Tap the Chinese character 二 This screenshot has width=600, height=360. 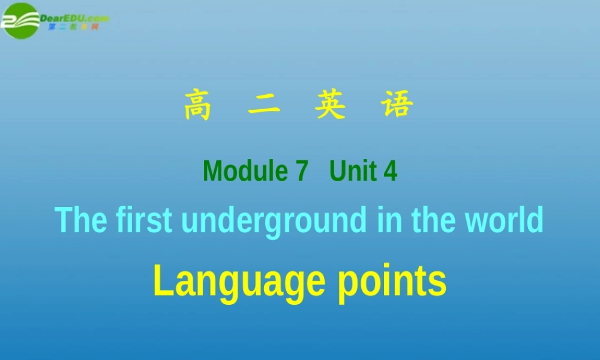pyautogui.click(x=264, y=106)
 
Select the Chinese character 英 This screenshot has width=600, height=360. pyautogui.click(x=330, y=106)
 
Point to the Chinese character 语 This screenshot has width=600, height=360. pyautogui.click(x=397, y=106)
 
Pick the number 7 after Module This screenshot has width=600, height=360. pyautogui.click(x=301, y=172)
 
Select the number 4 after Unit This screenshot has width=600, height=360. pyautogui.click(x=391, y=172)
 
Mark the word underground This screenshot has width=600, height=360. pyautogui.click(x=274, y=221)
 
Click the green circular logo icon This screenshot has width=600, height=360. pyautogui.click(x=20, y=20)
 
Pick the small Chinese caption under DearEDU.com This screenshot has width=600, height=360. pyautogui.click(x=73, y=27)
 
